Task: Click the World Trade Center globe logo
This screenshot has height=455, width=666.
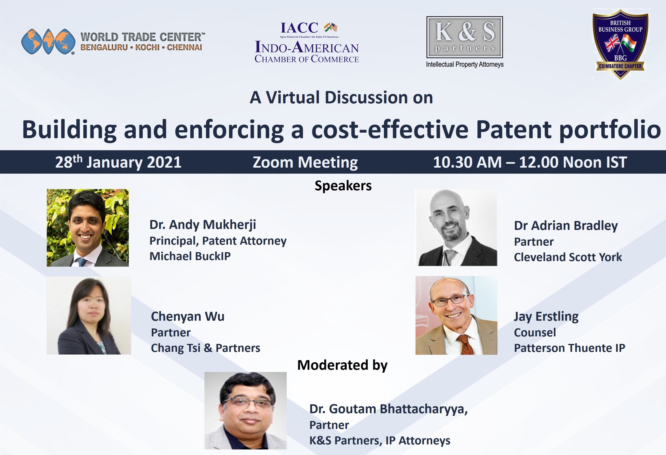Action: tap(48, 41)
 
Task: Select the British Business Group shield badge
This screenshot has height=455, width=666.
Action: tap(620, 44)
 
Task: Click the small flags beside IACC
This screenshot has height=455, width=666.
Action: tap(331, 27)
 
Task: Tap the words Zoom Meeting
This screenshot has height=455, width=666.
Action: tap(305, 163)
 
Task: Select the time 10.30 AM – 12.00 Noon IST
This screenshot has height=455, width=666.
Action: tap(530, 162)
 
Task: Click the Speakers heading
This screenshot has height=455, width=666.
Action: tap(343, 185)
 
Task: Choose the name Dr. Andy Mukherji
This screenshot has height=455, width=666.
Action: tap(203, 225)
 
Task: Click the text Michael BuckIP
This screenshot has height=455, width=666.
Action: tap(190, 256)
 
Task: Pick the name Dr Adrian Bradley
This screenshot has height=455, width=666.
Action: tap(566, 226)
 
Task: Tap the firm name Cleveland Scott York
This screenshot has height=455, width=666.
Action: tap(568, 257)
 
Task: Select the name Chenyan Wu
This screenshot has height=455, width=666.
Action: tap(188, 317)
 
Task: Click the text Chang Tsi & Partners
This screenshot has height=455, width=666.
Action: tap(205, 348)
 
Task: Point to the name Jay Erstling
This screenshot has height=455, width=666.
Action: tap(546, 317)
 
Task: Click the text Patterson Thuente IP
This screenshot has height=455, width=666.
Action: tap(569, 348)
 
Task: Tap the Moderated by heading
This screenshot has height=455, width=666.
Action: tap(342, 365)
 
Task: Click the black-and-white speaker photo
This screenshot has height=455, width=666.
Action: tap(456, 227)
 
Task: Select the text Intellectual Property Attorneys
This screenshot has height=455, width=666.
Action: tap(465, 64)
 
